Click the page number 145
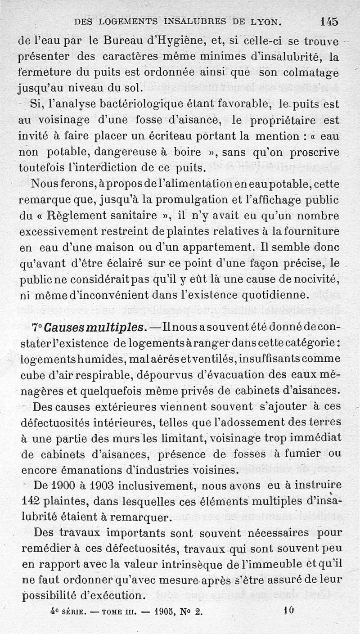click(330, 21)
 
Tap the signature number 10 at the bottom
click(288, 611)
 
